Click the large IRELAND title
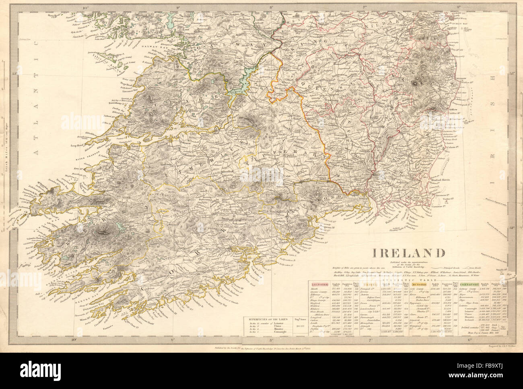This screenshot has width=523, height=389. (x=408, y=253)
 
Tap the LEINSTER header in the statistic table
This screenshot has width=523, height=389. (x=319, y=284)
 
